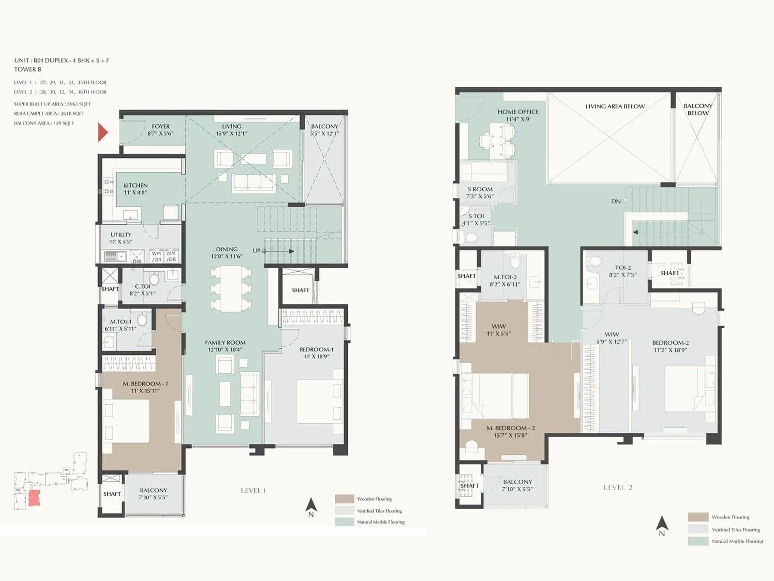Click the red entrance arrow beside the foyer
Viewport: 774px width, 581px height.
click(102, 132)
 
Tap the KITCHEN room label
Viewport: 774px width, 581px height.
click(135, 189)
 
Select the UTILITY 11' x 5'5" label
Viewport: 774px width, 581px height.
click(120, 238)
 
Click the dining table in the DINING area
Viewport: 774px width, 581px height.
click(231, 288)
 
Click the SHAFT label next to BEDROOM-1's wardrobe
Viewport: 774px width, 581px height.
click(300, 290)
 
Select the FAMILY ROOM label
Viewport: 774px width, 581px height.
click(225, 346)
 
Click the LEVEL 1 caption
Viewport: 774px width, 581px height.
click(253, 490)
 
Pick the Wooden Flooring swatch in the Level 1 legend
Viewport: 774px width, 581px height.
click(344, 499)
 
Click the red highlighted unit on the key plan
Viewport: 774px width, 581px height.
click(34, 498)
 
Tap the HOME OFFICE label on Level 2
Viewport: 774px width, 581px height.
click(518, 115)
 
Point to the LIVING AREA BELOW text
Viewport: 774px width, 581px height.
click(615, 107)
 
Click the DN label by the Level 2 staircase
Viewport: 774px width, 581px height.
click(615, 201)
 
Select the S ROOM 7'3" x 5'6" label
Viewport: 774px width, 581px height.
click(480, 193)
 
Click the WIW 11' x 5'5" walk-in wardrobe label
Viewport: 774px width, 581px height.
click(499, 330)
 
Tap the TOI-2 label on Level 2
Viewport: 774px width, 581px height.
click(623, 271)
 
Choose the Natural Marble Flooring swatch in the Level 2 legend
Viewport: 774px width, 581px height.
click(698, 541)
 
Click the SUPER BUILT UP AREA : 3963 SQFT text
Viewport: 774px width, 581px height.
click(52, 104)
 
